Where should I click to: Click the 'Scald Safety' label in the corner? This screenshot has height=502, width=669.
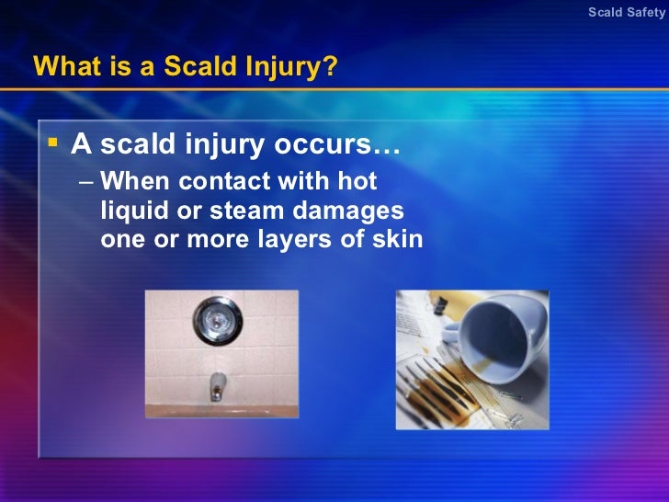(x=626, y=12)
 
